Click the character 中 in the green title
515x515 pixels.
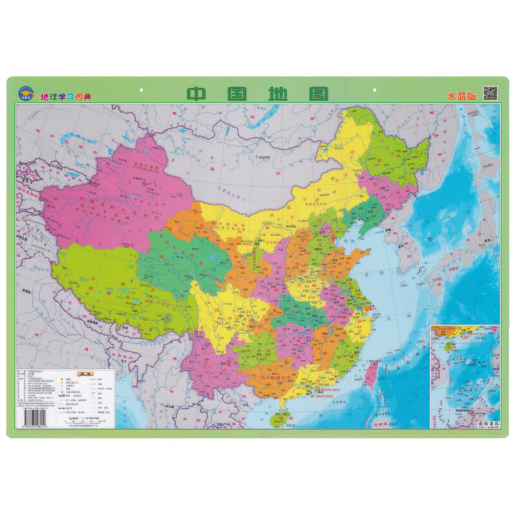[x=198, y=93]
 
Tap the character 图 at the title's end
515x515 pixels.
[x=316, y=93]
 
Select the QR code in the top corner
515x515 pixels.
[x=491, y=93]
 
